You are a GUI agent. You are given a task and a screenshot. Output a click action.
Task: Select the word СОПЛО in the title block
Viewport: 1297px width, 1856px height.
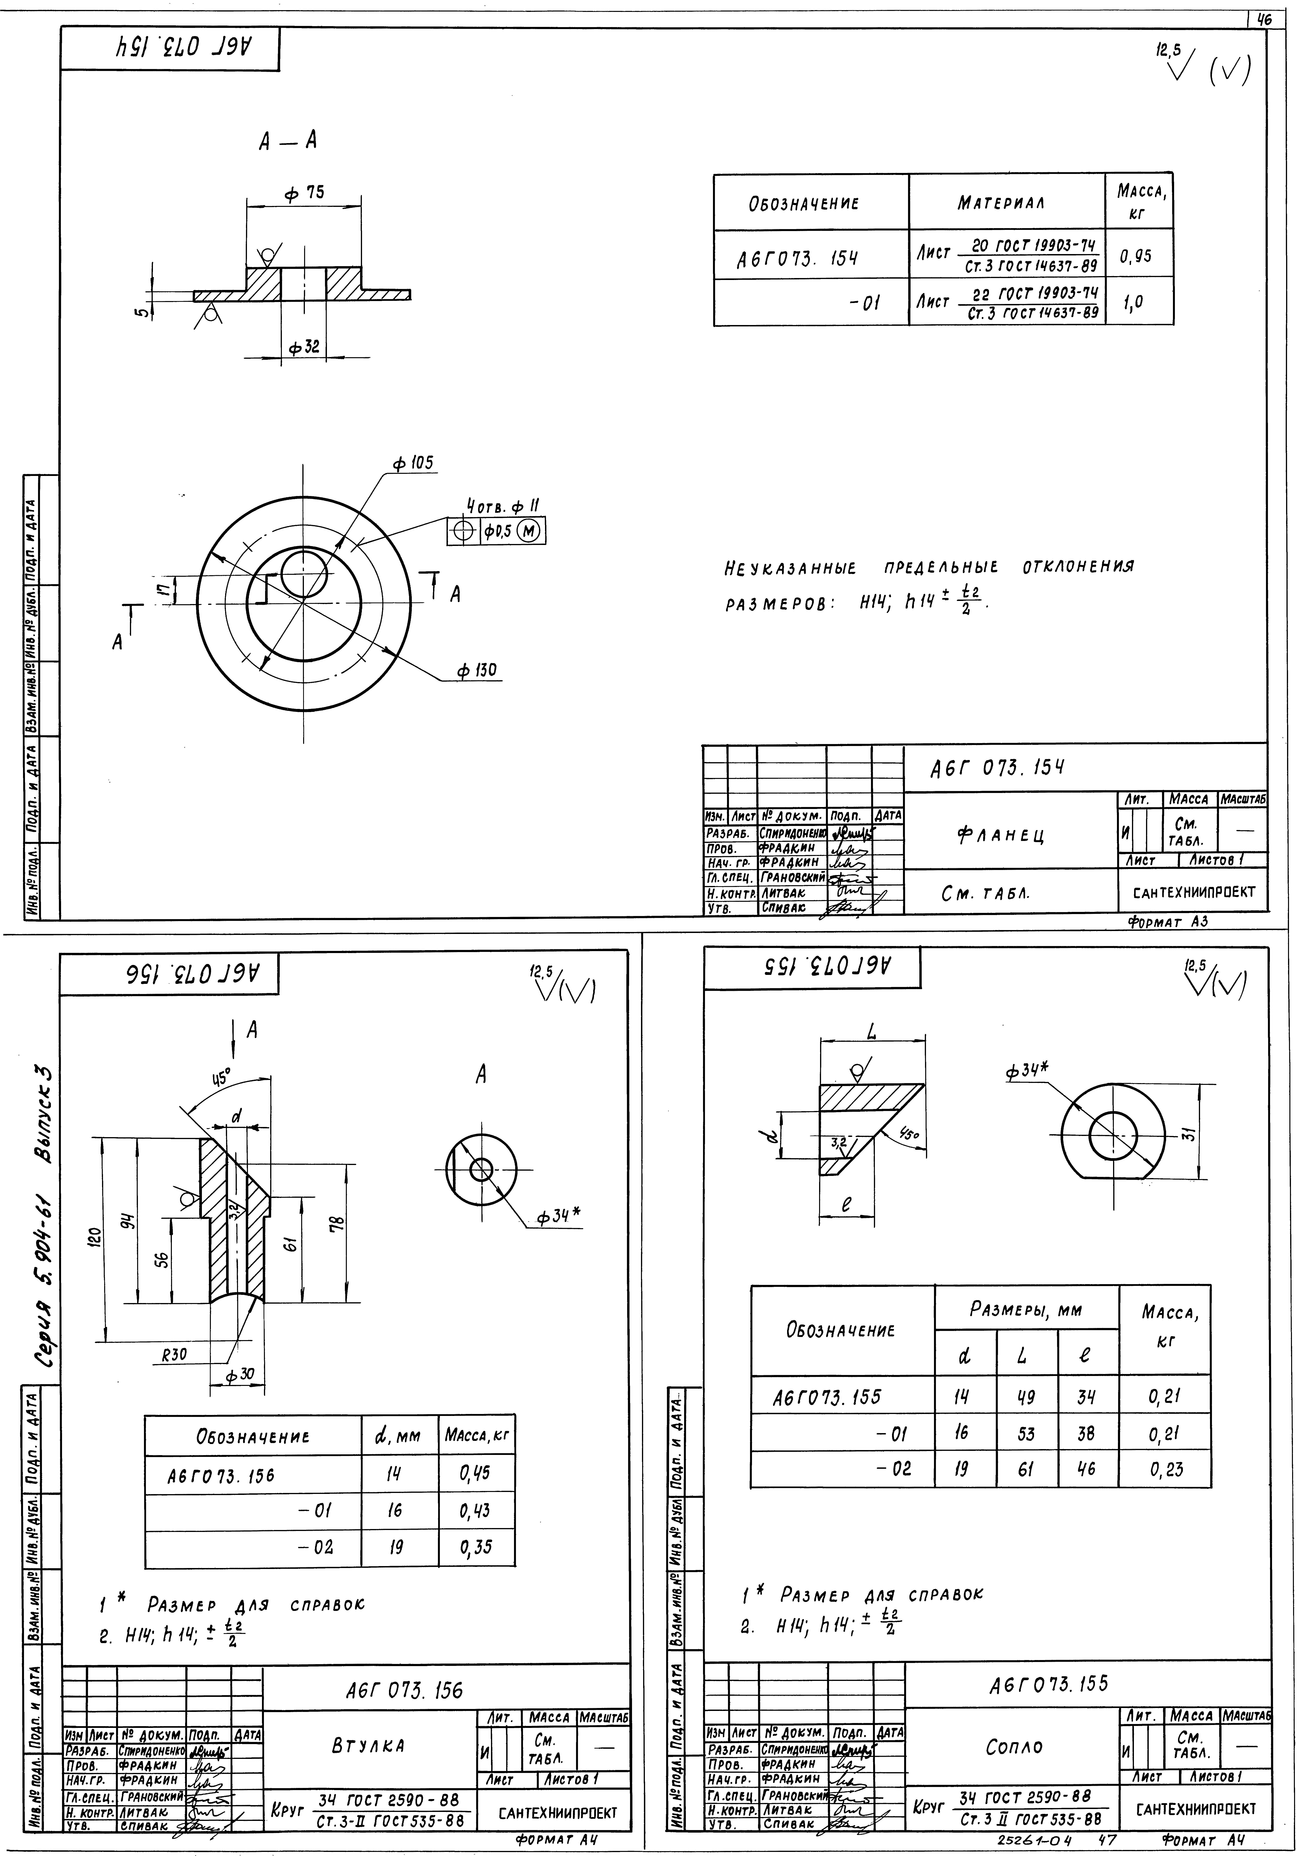click(1014, 1746)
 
